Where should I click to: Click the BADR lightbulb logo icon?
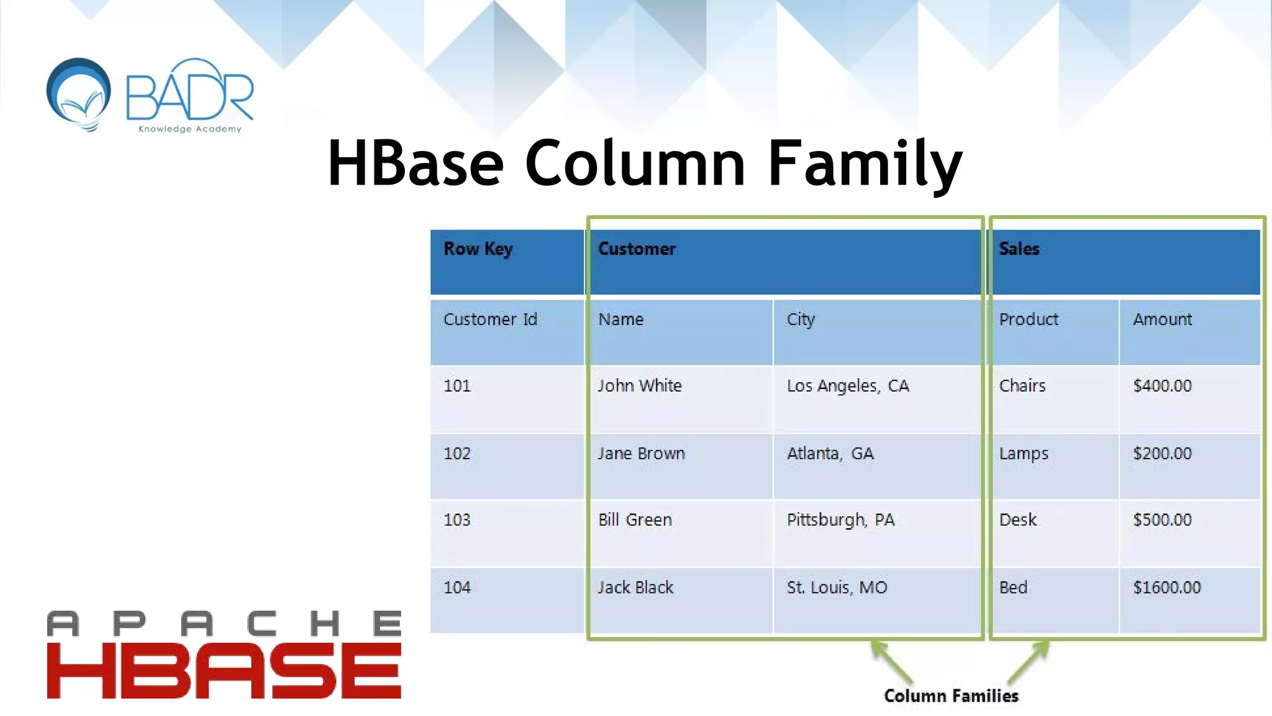pyautogui.click(x=79, y=93)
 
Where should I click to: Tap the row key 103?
pyautogui.click(x=457, y=520)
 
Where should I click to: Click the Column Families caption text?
pyautogui.click(x=951, y=695)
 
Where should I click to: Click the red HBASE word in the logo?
pyautogui.click(x=224, y=671)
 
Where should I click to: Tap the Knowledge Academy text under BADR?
pyautogui.click(x=189, y=129)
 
